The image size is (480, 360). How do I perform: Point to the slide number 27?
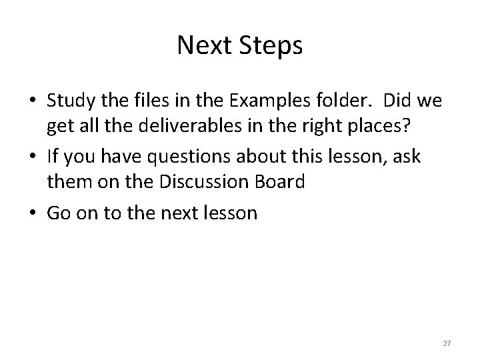[x=447, y=343]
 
